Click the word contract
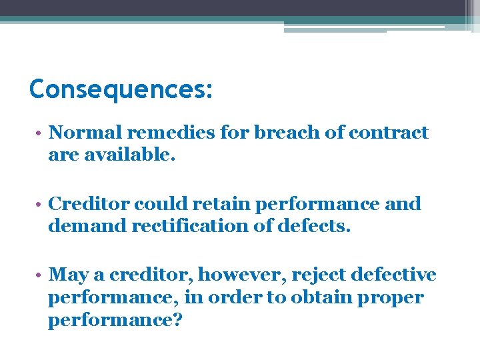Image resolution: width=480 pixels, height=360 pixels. pyautogui.click(x=388, y=133)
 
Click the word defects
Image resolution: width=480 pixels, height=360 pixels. pyautogui.click(x=313, y=226)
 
